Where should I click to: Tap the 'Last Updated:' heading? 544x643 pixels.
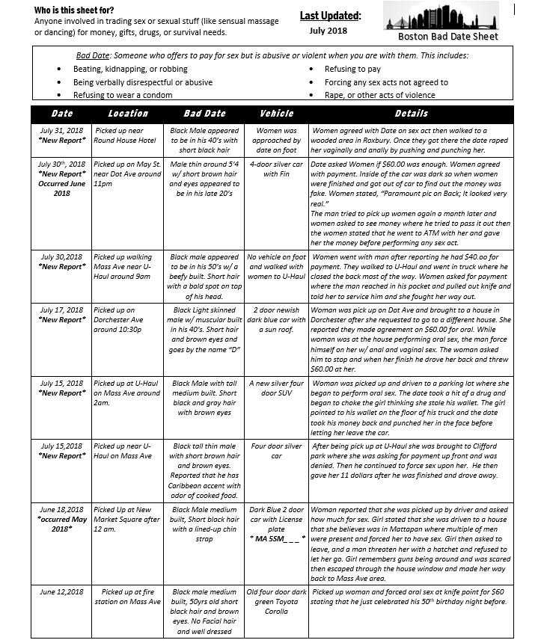tap(330, 16)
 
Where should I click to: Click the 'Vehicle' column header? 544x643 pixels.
tap(276, 114)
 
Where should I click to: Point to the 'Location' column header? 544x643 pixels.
tap(128, 114)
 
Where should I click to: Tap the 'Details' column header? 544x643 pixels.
tap(411, 114)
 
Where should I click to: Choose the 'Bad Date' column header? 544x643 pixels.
tap(204, 114)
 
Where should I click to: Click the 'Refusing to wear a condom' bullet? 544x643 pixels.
tap(123, 95)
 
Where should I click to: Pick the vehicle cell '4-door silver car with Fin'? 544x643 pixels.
tap(276, 168)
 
